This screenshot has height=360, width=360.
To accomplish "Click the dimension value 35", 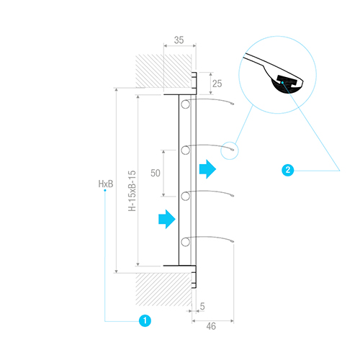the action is click(x=179, y=40).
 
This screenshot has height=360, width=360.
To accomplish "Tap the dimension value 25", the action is click(x=217, y=84).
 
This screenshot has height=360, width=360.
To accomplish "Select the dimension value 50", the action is click(x=156, y=173).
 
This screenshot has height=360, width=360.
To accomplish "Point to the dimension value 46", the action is click(x=211, y=326).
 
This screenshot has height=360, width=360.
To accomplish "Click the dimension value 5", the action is click(x=202, y=307).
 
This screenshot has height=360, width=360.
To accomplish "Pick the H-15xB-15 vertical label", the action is click(x=132, y=191).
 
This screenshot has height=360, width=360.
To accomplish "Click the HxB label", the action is click(x=106, y=184).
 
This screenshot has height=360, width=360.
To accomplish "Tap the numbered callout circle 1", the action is click(x=145, y=320).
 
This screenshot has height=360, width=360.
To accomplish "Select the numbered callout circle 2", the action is click(x=288, y=170).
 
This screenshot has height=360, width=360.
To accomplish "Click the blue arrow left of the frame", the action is click(x=167, y=219).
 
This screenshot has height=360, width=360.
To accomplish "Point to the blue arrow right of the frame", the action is click(x=208, y=169).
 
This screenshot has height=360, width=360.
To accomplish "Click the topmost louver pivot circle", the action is click(x=186, y=104).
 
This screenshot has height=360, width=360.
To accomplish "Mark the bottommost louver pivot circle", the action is click(x=186, y=242).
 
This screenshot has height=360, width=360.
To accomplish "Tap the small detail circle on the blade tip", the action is click(x=230, y=150).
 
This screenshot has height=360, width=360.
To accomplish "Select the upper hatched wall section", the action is click(x=163, y=71).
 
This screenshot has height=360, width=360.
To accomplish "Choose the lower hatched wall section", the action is click(x=163, y=289).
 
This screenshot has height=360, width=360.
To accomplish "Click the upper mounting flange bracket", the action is click(x=194, y=84).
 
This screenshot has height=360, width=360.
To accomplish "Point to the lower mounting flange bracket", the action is click(x=194, y=276).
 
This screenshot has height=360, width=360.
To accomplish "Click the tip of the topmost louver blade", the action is click(x=233, y=104).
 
